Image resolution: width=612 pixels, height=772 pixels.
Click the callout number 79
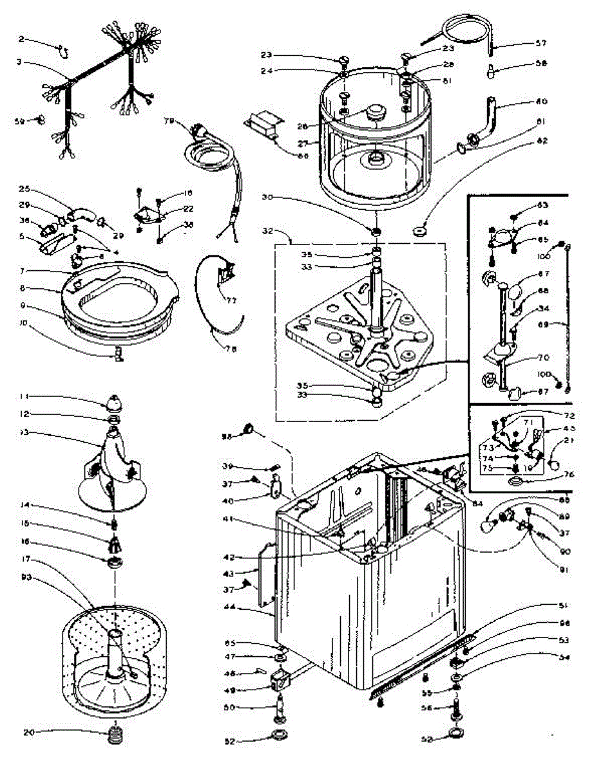(169, 120)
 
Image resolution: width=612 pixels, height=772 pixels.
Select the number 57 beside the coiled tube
(540, 44)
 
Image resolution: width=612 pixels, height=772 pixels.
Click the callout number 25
(25, 189)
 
